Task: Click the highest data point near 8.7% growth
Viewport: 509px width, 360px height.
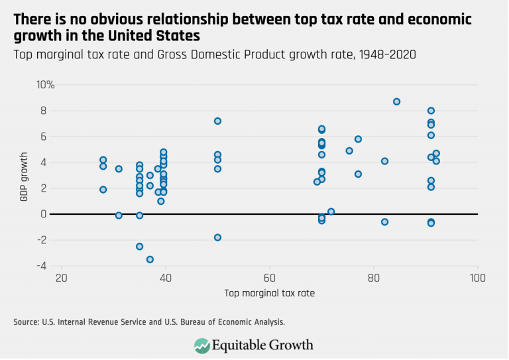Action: coord(396,101)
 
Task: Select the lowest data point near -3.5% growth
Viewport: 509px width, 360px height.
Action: coord(150,259)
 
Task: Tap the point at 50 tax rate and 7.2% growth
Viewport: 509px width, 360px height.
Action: coord(217,121)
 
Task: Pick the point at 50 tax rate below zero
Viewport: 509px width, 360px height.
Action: coord(217,237)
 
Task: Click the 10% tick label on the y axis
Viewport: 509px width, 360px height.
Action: coord(46,85)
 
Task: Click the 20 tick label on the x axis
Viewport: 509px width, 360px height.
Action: coord(61,277)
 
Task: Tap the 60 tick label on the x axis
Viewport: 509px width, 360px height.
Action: coord(269,277)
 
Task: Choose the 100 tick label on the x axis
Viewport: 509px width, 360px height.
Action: coord(477,277)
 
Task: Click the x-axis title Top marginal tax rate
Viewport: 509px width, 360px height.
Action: coord(269,292)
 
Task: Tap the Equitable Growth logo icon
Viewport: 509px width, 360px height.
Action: coord(201,345)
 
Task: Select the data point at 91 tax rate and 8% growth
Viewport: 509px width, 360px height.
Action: coord(431,111)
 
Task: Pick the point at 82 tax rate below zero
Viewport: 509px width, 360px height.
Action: coord(384,221)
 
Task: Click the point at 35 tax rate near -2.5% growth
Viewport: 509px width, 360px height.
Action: coord(140,246)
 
